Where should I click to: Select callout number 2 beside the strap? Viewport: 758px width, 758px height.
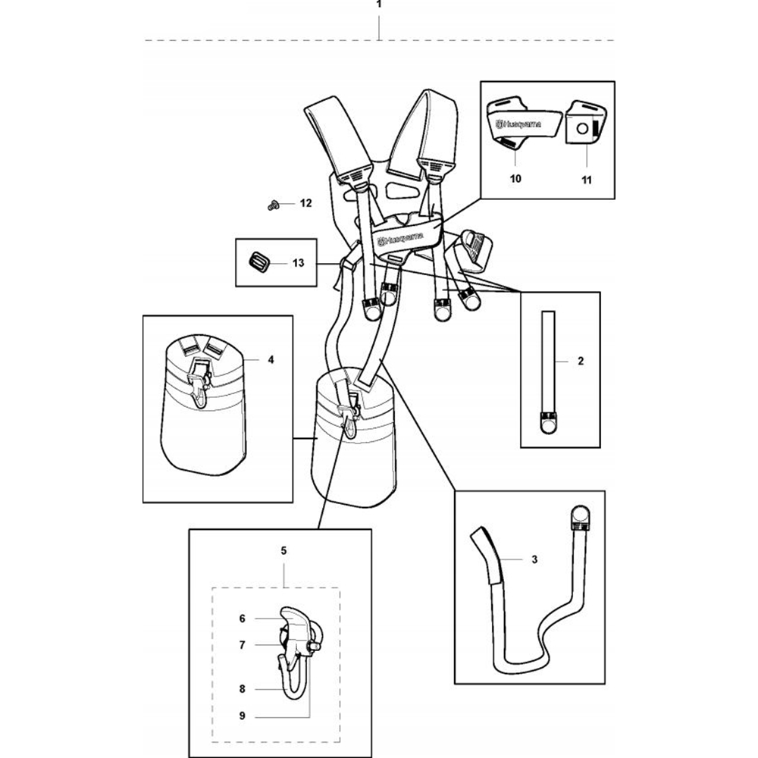click(581, 362)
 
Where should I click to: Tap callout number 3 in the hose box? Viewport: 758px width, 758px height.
click(534, 559)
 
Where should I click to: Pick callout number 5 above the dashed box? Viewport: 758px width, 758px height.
click(283, 551)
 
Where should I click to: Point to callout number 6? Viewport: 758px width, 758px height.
click(243, 619)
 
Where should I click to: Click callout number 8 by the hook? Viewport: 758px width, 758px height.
click(243, 688)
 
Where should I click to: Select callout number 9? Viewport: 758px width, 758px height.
click(243, 715)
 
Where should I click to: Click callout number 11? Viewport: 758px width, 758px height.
click(587, 180)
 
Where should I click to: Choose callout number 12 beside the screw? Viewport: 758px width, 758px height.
click(305, 203)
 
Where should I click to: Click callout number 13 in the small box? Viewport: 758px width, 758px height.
click(298, 262)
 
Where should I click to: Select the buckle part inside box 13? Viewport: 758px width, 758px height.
click(258, 262)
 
